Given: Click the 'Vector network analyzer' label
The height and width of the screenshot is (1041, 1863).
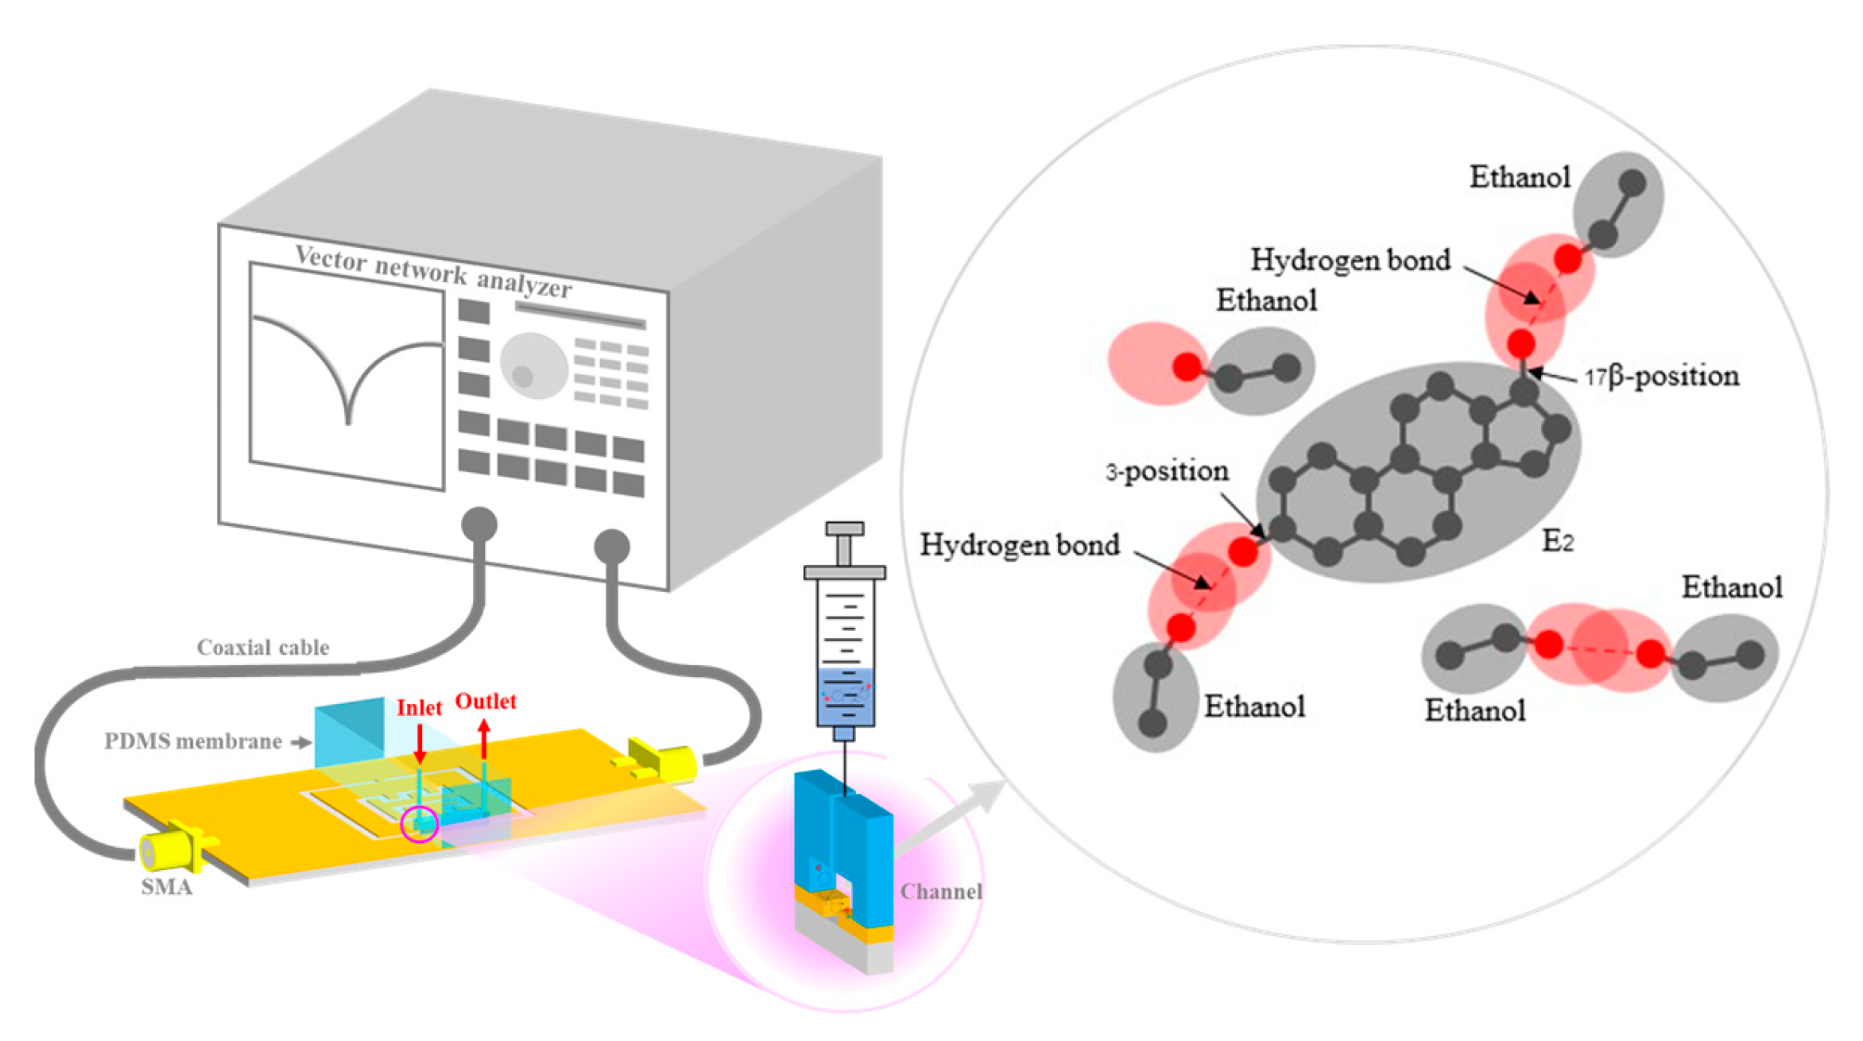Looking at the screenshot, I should (x=433, y=271).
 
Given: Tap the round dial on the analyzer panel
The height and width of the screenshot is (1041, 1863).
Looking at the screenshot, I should (x=533, y=366).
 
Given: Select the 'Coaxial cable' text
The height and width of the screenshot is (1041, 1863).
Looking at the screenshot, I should (x=263, y=648).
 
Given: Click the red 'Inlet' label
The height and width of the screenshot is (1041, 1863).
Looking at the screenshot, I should (x=419, y=707).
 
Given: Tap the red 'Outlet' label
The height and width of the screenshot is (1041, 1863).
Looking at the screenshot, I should (x=485, y=701).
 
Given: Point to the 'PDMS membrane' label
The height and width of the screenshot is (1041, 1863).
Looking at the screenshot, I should (x=193, y=741).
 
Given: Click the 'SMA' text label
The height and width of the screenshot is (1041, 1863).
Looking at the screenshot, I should (x=166, y=887).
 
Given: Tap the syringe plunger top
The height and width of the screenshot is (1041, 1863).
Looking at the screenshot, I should (x=844, y=529).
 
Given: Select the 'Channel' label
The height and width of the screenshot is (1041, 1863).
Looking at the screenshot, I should (x=941, y=892).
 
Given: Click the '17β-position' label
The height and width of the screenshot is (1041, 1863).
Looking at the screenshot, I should (x=1662, y=376).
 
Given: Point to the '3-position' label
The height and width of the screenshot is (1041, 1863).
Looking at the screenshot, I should (x=1167, y=471).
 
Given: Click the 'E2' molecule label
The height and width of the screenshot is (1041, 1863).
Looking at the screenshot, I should (x=1557, y=541).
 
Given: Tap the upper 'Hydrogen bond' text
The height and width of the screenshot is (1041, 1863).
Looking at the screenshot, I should (x=1350, y=260).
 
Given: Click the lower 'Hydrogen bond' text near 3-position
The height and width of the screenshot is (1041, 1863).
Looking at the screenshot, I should (x=1020, y=544).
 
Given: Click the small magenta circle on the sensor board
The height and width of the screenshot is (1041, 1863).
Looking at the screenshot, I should (x=419, y=823).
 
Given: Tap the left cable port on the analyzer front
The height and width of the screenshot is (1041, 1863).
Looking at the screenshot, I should (x=479, y=524).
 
